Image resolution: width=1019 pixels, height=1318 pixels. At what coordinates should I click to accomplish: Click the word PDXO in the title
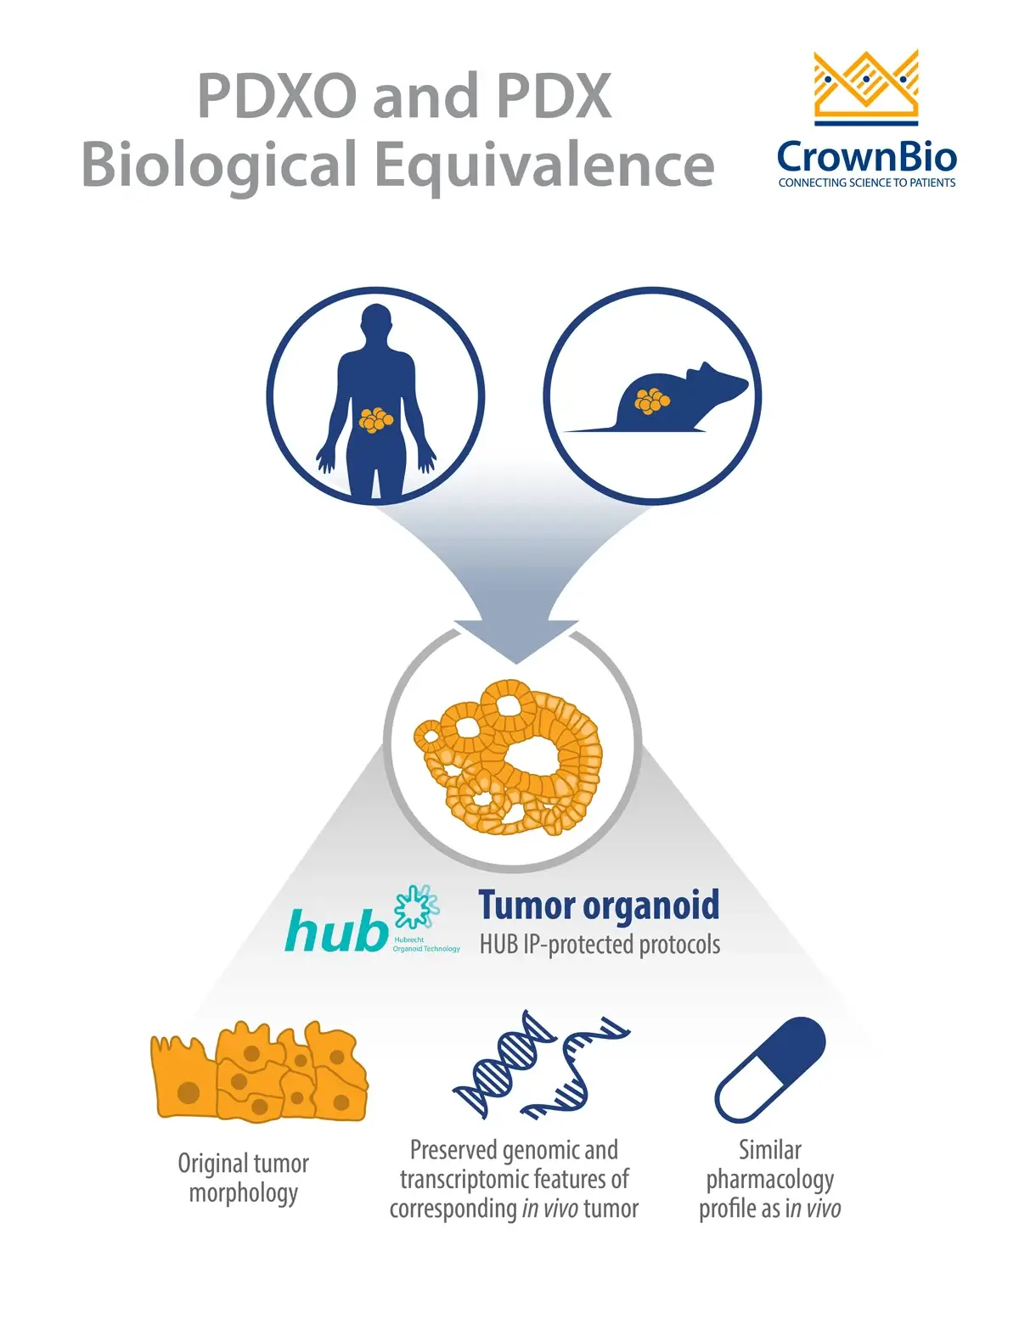[277, 95]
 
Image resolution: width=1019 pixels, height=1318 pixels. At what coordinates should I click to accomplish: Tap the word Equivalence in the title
[544, 165]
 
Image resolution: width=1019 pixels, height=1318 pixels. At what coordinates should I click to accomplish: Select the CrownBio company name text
[866, 157]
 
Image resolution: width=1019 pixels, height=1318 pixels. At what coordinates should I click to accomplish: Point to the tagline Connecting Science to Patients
[866, 182]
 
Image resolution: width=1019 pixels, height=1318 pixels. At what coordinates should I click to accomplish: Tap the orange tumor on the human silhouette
[375, 419]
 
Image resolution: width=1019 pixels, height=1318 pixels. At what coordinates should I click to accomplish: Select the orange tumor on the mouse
[652, 401]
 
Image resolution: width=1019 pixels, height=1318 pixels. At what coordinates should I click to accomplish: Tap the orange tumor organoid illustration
[508, 756]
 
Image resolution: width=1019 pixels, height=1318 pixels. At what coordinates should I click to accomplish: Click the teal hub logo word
[336, 931]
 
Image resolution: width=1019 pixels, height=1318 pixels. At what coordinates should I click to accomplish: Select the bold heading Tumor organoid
[599, 906]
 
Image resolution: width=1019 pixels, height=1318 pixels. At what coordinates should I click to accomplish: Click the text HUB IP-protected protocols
[600, 945]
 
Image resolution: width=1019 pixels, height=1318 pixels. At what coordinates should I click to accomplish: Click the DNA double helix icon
[541, 1064]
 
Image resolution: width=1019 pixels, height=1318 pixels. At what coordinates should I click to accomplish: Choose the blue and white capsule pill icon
[770, 1068]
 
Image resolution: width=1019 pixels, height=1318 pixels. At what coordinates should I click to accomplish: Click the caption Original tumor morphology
[244, 1178]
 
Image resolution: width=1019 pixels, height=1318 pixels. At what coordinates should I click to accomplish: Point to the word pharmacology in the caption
[770, 1180]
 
